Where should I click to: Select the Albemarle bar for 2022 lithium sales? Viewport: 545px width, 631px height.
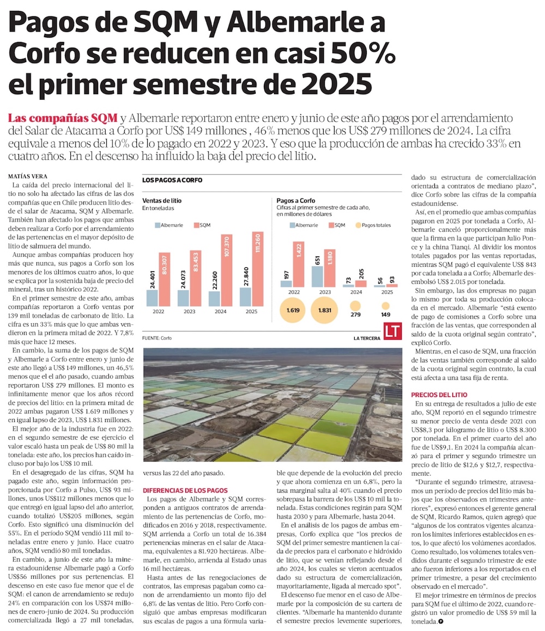click(x=152, y=297)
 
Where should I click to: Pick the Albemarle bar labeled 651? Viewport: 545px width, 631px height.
click(x=317, y=276)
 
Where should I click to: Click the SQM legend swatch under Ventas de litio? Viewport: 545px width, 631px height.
click(x=196, y=225)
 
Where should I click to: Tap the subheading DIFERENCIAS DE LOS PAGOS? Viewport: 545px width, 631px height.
click(x=184, y=490)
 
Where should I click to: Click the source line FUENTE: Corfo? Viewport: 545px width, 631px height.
click(x=156, y=338)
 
